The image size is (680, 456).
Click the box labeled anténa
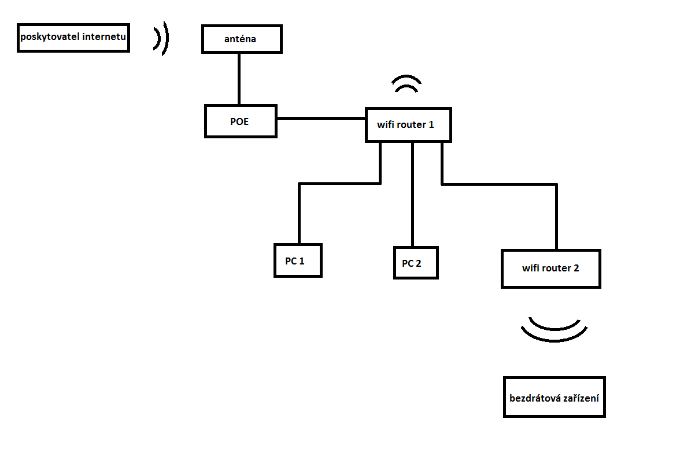coord(242,39)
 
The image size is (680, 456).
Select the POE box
coord(241,121)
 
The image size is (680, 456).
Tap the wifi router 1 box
coord(408,124)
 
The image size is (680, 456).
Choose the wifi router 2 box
coord(550,269)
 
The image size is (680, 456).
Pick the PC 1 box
coord(297,260)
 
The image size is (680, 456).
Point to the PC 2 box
coord(415,263)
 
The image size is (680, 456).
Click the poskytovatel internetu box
coord(73,38)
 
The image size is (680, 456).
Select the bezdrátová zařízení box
coord(554,398)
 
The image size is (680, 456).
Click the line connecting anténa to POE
coord(238,79)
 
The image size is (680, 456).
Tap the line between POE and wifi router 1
coord(321,119)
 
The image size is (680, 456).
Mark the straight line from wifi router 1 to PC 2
coord(412,194)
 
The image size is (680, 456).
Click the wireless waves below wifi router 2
coord(554,330)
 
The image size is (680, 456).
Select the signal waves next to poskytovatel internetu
coord(161,38)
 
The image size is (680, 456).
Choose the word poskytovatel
coord(50,38)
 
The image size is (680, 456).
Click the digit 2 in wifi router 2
coord(576,269)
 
